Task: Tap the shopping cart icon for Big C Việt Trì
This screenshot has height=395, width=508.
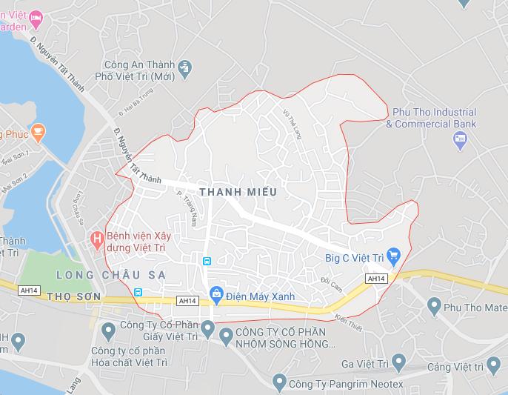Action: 394,257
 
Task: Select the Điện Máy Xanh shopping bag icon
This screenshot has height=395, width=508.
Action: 215,293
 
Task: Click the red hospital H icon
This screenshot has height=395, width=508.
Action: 96,239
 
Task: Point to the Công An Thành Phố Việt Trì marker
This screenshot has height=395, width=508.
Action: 185,69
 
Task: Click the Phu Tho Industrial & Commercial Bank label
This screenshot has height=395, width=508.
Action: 434,118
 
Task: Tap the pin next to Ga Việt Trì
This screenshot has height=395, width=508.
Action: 399,362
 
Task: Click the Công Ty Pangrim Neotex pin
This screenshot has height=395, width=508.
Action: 279,383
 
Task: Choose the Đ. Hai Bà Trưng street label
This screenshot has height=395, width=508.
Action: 130,104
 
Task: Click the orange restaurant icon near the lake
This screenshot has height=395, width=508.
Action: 39,133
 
